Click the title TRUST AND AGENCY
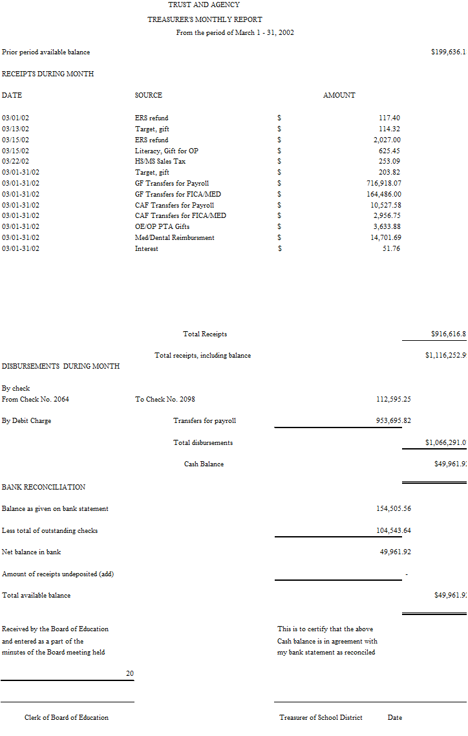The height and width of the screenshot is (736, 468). pos(204,5)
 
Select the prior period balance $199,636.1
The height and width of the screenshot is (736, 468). pos(448,52)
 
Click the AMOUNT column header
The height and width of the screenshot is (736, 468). pos(339,96)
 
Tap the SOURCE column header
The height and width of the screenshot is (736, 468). pos(149,96)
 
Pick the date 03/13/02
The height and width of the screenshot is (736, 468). pos(16,129)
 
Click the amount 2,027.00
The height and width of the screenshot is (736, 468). pos(387,140)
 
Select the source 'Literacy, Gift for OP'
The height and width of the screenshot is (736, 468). pos(167,151)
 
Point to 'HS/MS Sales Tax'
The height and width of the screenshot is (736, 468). pos(160,162)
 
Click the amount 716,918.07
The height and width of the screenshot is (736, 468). pos(384,184)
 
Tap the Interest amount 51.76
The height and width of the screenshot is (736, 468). pos(391,249)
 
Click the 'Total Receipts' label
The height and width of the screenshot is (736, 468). pos(205,334)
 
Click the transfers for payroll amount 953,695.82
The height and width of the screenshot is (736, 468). pos(393,421)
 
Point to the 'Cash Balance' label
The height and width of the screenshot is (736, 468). pos(204,464)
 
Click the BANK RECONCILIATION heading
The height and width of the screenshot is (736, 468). pos(43,488)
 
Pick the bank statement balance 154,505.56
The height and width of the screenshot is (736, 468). pos(393,509)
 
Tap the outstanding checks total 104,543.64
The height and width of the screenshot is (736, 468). pos(393,531)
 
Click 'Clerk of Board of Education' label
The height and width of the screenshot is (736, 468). pos(67,718)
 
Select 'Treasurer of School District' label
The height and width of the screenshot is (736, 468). pos(321,718)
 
